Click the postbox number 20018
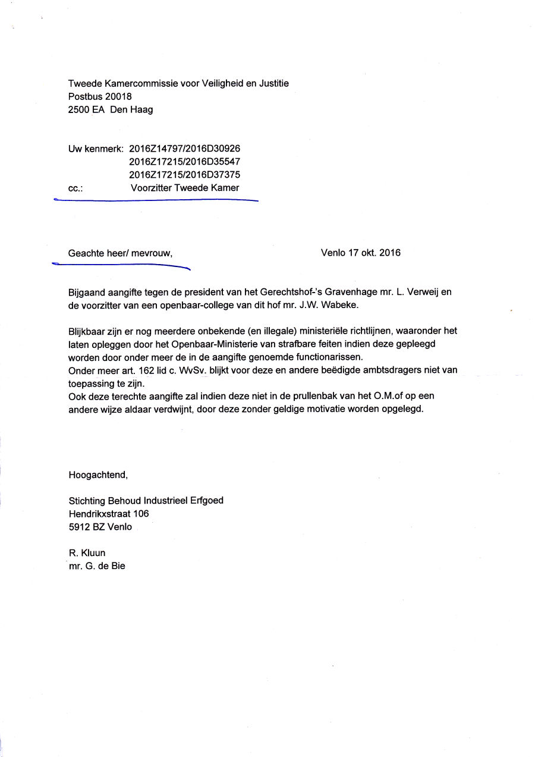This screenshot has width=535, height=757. tap(117, 96)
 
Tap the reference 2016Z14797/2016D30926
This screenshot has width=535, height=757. tap(184, 149)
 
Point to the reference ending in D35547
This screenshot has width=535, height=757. tap(184, 162)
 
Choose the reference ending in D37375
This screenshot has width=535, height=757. tap(184, 175)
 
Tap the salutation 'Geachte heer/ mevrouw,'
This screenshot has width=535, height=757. tap(120, 253)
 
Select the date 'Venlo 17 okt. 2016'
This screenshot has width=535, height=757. tap(360, 253)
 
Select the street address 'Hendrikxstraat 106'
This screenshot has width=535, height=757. tap(109, 514)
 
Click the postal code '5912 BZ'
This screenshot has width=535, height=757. tap(86, 527)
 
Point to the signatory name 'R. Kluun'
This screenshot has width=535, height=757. tap(87, 553)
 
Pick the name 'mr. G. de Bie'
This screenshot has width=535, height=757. tap(97, 566)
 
